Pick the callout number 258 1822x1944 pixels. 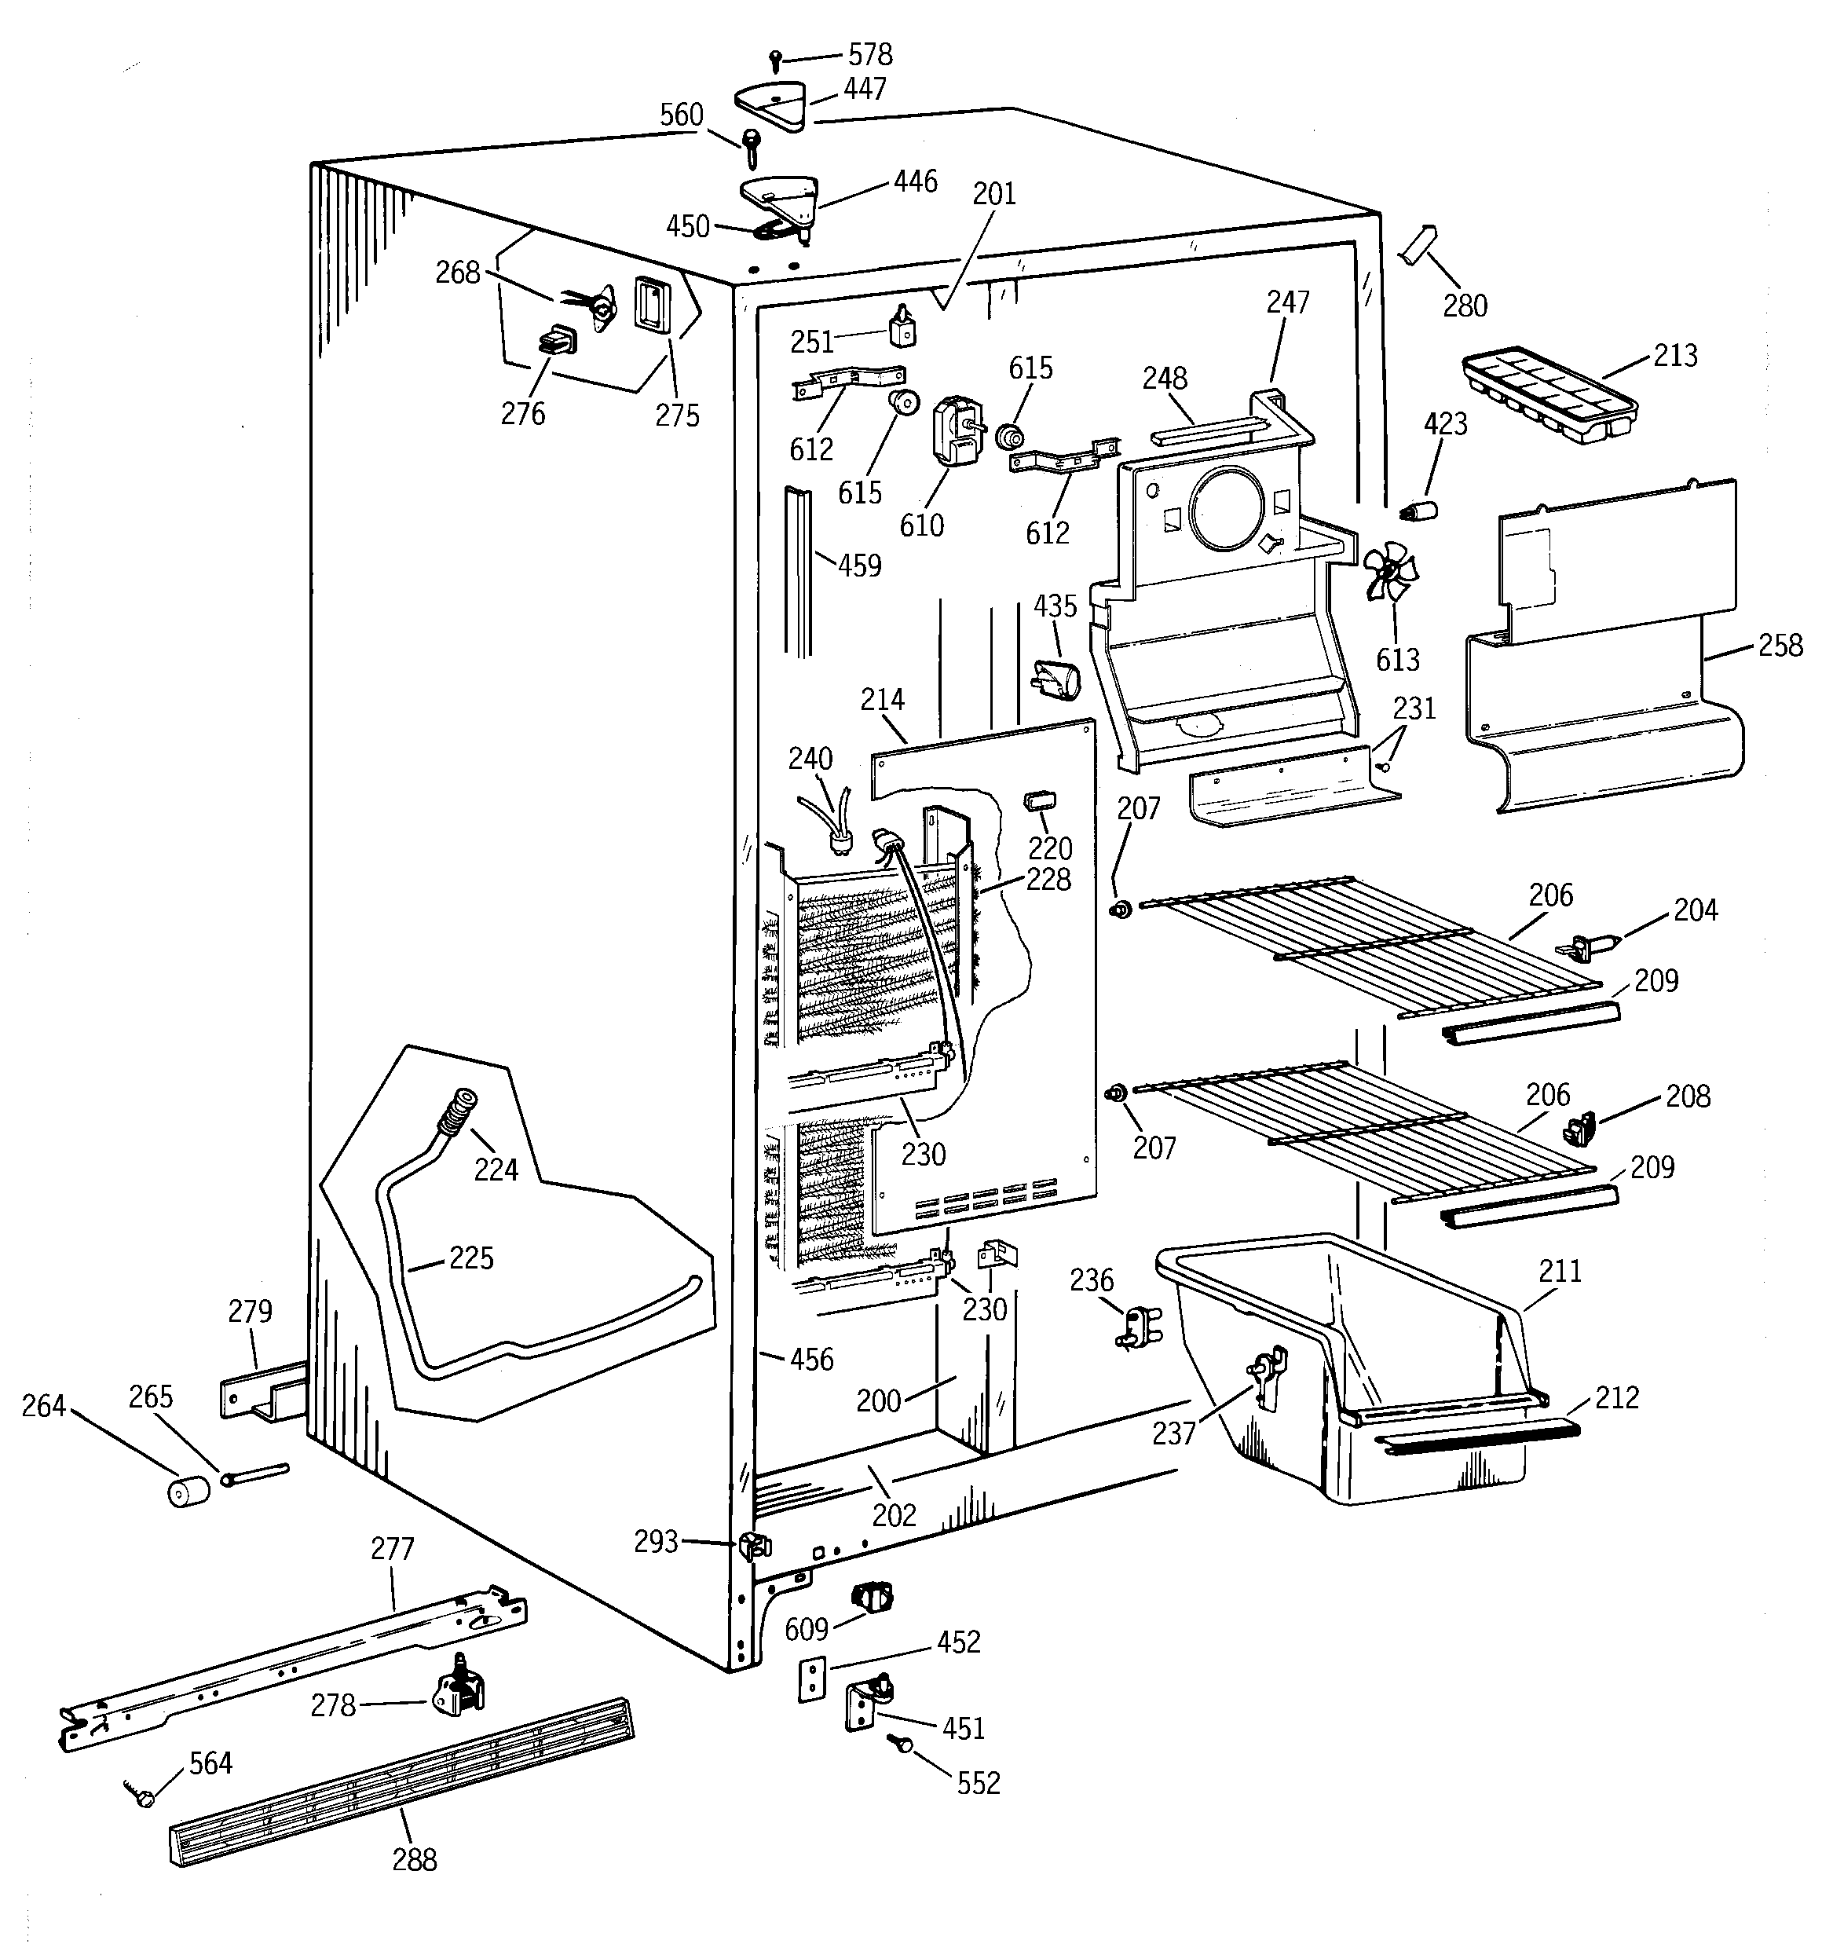coord(1780,646)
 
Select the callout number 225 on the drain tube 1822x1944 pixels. coord(470,1258)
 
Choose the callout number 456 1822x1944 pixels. coord(812,1360)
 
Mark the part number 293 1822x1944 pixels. coord(655,1542)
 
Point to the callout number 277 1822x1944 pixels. coord(392,1548)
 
